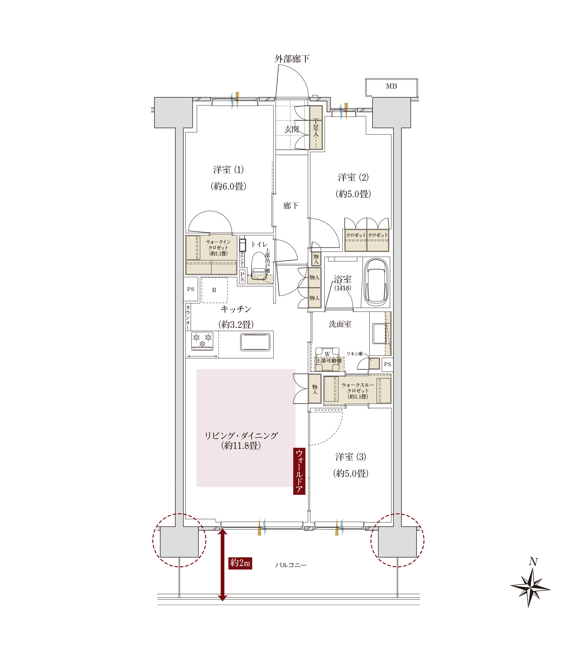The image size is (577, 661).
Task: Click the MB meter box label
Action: pyautogui.click(x=391, y=86)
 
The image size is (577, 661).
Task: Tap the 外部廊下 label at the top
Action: pyautogui.click(x=292, y=59)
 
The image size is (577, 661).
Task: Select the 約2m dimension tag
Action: pyautogui.click(x=240, y=563)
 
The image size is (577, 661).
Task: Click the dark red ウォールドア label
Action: pyautogui.click(x=299, y=471)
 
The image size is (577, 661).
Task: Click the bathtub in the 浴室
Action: pyautogui.click(x=376, y=282)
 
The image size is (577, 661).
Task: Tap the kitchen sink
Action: pyautogui.click(x=255, y=342)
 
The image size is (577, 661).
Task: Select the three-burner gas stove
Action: pyautogui.click(x=202, y=341)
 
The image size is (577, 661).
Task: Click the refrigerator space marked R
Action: pyautogui.click(x=214, y=290)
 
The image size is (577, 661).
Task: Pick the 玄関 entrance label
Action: pyautogui.click(x=291, y=129)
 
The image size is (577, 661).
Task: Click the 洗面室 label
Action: pyautogui.click(x=340, y=324)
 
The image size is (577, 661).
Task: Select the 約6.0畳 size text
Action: pyautogui.click(x=229, y=186)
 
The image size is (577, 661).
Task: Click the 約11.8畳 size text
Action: pyautogui.click(x=241, y=445)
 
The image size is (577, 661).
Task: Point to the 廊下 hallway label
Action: pyautogui.click(x=291, y=206)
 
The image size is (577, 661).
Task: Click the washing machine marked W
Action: pyautogui.click(x=327, y=359)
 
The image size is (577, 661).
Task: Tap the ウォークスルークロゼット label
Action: pyautogui.click(x=358, y=391)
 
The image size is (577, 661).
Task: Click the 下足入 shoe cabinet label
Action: pyautogui.click(x=316, y=128)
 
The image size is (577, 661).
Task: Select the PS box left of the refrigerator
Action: pyautogui.click(x=191, y=289)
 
